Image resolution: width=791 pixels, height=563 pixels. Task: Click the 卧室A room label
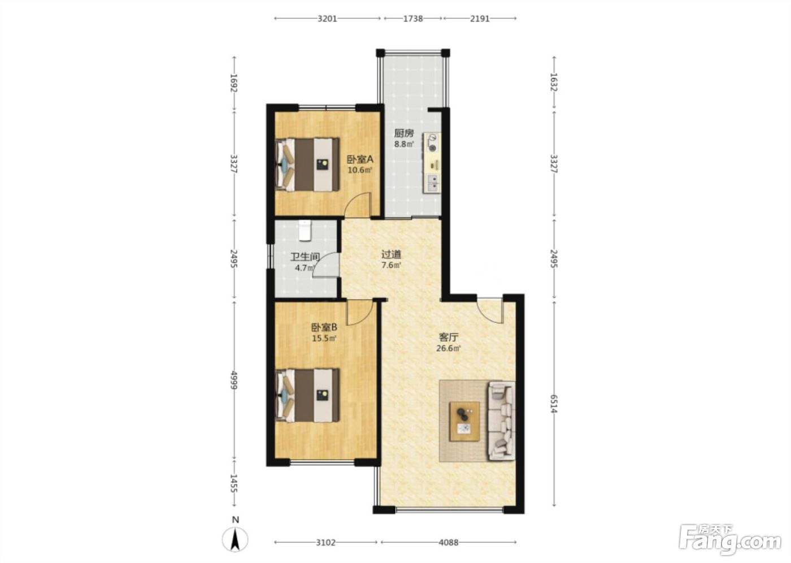point(360,159)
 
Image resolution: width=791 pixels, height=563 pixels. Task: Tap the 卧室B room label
point(324,327)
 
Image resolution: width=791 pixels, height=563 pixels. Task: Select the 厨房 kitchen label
point(404,133)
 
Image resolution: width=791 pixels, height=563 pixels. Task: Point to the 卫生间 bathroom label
point(305,257)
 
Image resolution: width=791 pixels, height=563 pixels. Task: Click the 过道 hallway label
point(391,254)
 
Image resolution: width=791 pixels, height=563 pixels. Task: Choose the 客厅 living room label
point(449,337)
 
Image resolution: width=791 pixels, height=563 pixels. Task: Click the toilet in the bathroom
point(305,230)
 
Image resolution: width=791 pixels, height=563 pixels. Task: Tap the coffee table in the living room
point(464,421)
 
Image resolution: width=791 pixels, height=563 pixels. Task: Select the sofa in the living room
point(501,421)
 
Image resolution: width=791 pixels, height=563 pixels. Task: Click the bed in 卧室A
point(307,164)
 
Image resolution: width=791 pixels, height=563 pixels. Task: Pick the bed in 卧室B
point(307,395)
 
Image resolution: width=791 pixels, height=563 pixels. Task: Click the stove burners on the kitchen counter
point(432,142)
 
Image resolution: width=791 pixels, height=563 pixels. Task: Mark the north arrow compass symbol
point(235,539)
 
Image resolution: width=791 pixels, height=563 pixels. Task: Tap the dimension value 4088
point(449,542)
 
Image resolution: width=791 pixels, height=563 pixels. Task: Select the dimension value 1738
point(413,18)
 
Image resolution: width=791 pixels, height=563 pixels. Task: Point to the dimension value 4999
point(233,380)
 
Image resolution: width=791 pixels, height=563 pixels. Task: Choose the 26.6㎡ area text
point(449,349)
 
